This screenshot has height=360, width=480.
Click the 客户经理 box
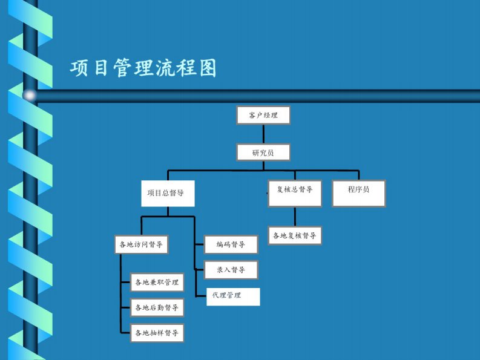[263, 115]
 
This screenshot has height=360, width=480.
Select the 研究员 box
[263, 152]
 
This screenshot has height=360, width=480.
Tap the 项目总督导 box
[168, 194]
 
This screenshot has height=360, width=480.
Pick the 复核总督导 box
[295, 194]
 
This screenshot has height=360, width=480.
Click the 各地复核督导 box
[295, 235]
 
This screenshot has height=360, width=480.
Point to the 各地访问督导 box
[141, 244]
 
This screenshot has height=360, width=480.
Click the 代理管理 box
[233, 296]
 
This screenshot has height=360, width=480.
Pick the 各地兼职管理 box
[157, 283]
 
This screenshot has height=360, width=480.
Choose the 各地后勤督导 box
[157, 308]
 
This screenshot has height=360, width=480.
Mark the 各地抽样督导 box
[157, 333]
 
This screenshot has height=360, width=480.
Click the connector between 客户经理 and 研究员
[263, 134]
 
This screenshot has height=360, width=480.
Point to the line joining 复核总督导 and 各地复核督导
[295, 217]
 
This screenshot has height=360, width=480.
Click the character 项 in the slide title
[79, 68]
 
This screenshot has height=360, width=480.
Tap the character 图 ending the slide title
[206, 68]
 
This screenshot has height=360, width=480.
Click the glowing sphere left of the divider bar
[29, 95]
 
